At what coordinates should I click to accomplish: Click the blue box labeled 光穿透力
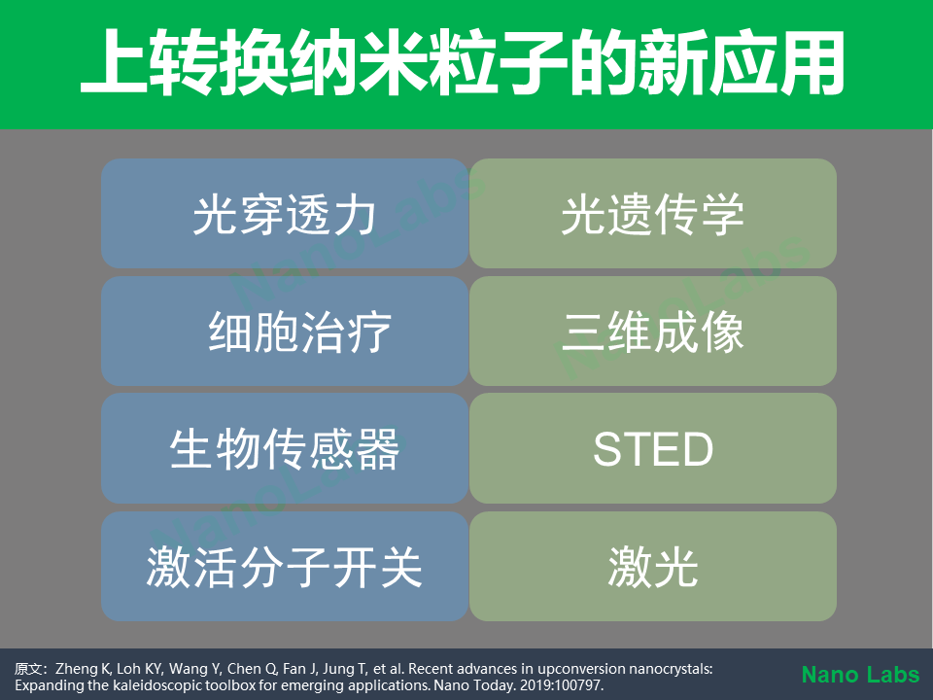285,213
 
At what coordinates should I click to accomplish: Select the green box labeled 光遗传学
653,213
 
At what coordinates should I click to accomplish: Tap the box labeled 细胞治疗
285,331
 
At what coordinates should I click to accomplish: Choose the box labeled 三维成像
653,331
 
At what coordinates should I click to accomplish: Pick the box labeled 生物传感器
285,448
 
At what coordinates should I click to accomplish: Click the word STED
653,449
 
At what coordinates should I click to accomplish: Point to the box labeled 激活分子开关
285,566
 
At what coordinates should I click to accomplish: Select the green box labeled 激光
653,566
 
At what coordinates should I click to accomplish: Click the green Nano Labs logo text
860,675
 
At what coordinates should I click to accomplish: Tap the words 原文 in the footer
27,669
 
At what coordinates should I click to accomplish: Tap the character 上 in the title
113,62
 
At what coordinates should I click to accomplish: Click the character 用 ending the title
812,62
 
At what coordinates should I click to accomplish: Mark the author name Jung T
346,669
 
